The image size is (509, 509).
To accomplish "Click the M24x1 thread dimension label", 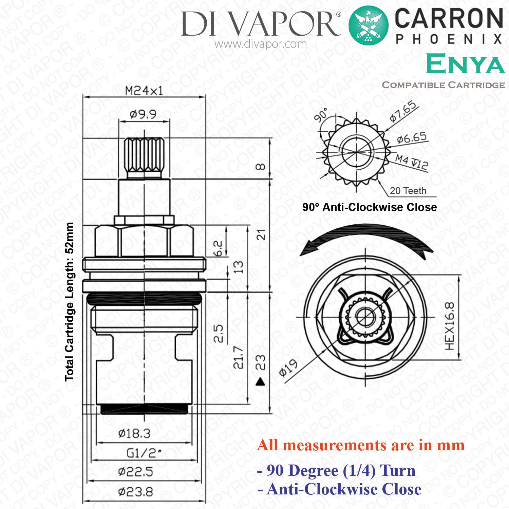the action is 144,91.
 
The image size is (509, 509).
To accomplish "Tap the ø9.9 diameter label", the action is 143,114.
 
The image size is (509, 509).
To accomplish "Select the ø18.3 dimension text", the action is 134,433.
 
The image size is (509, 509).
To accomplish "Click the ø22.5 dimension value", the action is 135,472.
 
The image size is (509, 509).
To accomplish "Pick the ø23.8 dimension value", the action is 135,492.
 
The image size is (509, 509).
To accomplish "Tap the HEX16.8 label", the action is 449,326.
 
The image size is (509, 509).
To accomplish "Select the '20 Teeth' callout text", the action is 408,191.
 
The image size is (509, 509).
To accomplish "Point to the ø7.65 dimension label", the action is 403,111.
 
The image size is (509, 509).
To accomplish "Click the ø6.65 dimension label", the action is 412,138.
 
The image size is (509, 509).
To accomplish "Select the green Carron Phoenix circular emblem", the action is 369,25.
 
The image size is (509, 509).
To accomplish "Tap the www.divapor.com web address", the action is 261,44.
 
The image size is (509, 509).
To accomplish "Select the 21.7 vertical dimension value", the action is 239,357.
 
